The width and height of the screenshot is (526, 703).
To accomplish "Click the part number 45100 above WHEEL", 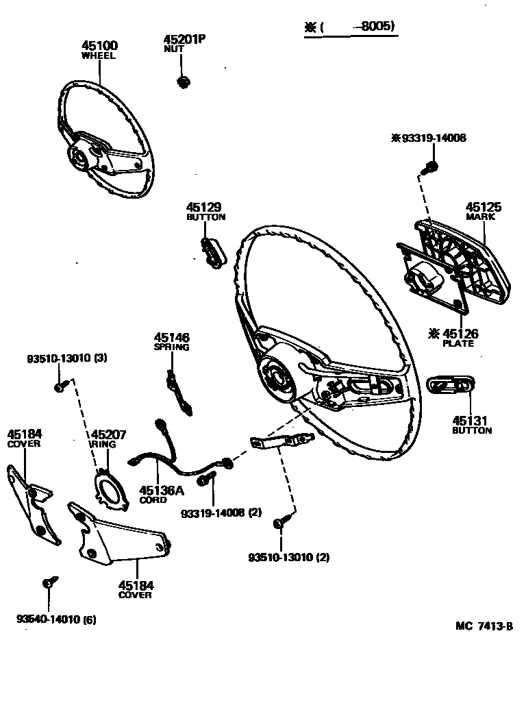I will pos(99,46).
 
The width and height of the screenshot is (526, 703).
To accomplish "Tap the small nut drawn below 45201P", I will pos(183,82).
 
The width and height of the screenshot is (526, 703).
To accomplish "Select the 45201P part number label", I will pos(184,40).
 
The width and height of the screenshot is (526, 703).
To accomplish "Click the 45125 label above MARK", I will pos(484,207).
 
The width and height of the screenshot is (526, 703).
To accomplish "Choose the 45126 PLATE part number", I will pos(458,334).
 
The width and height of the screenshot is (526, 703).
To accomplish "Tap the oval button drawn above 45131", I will pos(450,386).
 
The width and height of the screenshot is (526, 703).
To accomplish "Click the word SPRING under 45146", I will pos(171,347).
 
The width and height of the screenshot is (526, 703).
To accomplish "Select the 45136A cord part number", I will pos(162,491).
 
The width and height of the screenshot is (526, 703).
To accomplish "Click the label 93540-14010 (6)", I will pos(56,620).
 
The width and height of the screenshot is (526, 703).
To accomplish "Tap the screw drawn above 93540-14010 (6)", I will pos(49,584).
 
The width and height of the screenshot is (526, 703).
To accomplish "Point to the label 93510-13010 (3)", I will pos(67,358).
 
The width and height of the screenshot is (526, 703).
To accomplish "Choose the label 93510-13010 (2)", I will pos(288,557).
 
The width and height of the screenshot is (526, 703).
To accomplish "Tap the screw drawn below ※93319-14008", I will pos(431,166).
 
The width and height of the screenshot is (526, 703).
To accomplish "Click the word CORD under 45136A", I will pos(153,500).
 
